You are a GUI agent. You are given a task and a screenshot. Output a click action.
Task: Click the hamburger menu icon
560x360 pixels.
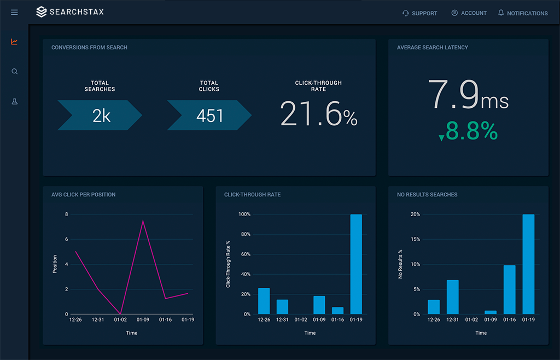pyautogui.click(x=14, y=13)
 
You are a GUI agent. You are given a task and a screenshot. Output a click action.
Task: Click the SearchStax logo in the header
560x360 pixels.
pyautogui.click(x=69, y=12)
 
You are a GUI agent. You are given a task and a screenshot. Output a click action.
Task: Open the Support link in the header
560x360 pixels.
pyautogui.click(x=419, y=13)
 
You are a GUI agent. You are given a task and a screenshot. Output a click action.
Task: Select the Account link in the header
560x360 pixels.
pyautogui.click(x=469, y=13)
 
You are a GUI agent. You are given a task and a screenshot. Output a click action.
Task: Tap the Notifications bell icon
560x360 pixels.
pyautogui.click(x=501, y=13)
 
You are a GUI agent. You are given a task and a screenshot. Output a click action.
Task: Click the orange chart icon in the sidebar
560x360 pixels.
pyautogui.click(x=14, y=42)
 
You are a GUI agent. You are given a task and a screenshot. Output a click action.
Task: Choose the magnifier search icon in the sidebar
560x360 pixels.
pyautogui.click(x=14, y=72)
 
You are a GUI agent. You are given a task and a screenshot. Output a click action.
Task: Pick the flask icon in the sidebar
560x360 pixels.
pyautogui.click(x=14, y=102)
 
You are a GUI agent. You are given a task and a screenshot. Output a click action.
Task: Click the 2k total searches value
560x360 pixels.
pyautogui.click(x=101, y=115)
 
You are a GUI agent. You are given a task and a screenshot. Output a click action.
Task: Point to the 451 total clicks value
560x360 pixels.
pyautogui.click(x=209, y=115)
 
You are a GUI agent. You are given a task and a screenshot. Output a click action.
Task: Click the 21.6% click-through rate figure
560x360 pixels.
pyautogui.click(x=318, y=114)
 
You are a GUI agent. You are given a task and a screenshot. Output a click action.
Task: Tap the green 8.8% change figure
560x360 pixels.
pyautogui.click(x=471, y=131)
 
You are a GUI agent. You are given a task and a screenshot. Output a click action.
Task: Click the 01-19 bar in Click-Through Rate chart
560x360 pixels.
pyautogui.click(x=356, y=264)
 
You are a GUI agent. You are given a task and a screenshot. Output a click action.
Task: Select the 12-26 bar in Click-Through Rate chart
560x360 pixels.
pyautogui.click(x=264, y=301)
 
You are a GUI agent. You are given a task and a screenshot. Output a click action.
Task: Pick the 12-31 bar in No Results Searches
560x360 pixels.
pyautogui.click(x=452, y=297)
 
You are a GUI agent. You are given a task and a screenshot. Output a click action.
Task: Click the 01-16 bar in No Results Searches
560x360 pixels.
pyautogui.click(x=510, y=289)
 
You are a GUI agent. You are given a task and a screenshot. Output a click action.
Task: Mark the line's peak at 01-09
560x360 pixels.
pyautogui.click(x=143, y=220)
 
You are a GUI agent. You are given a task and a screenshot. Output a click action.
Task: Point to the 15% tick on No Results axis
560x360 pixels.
pyautogui.click(x=416, y=239)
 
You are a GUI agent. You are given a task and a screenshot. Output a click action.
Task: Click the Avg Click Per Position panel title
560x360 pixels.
pyautogui.click(x=83, y=195)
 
